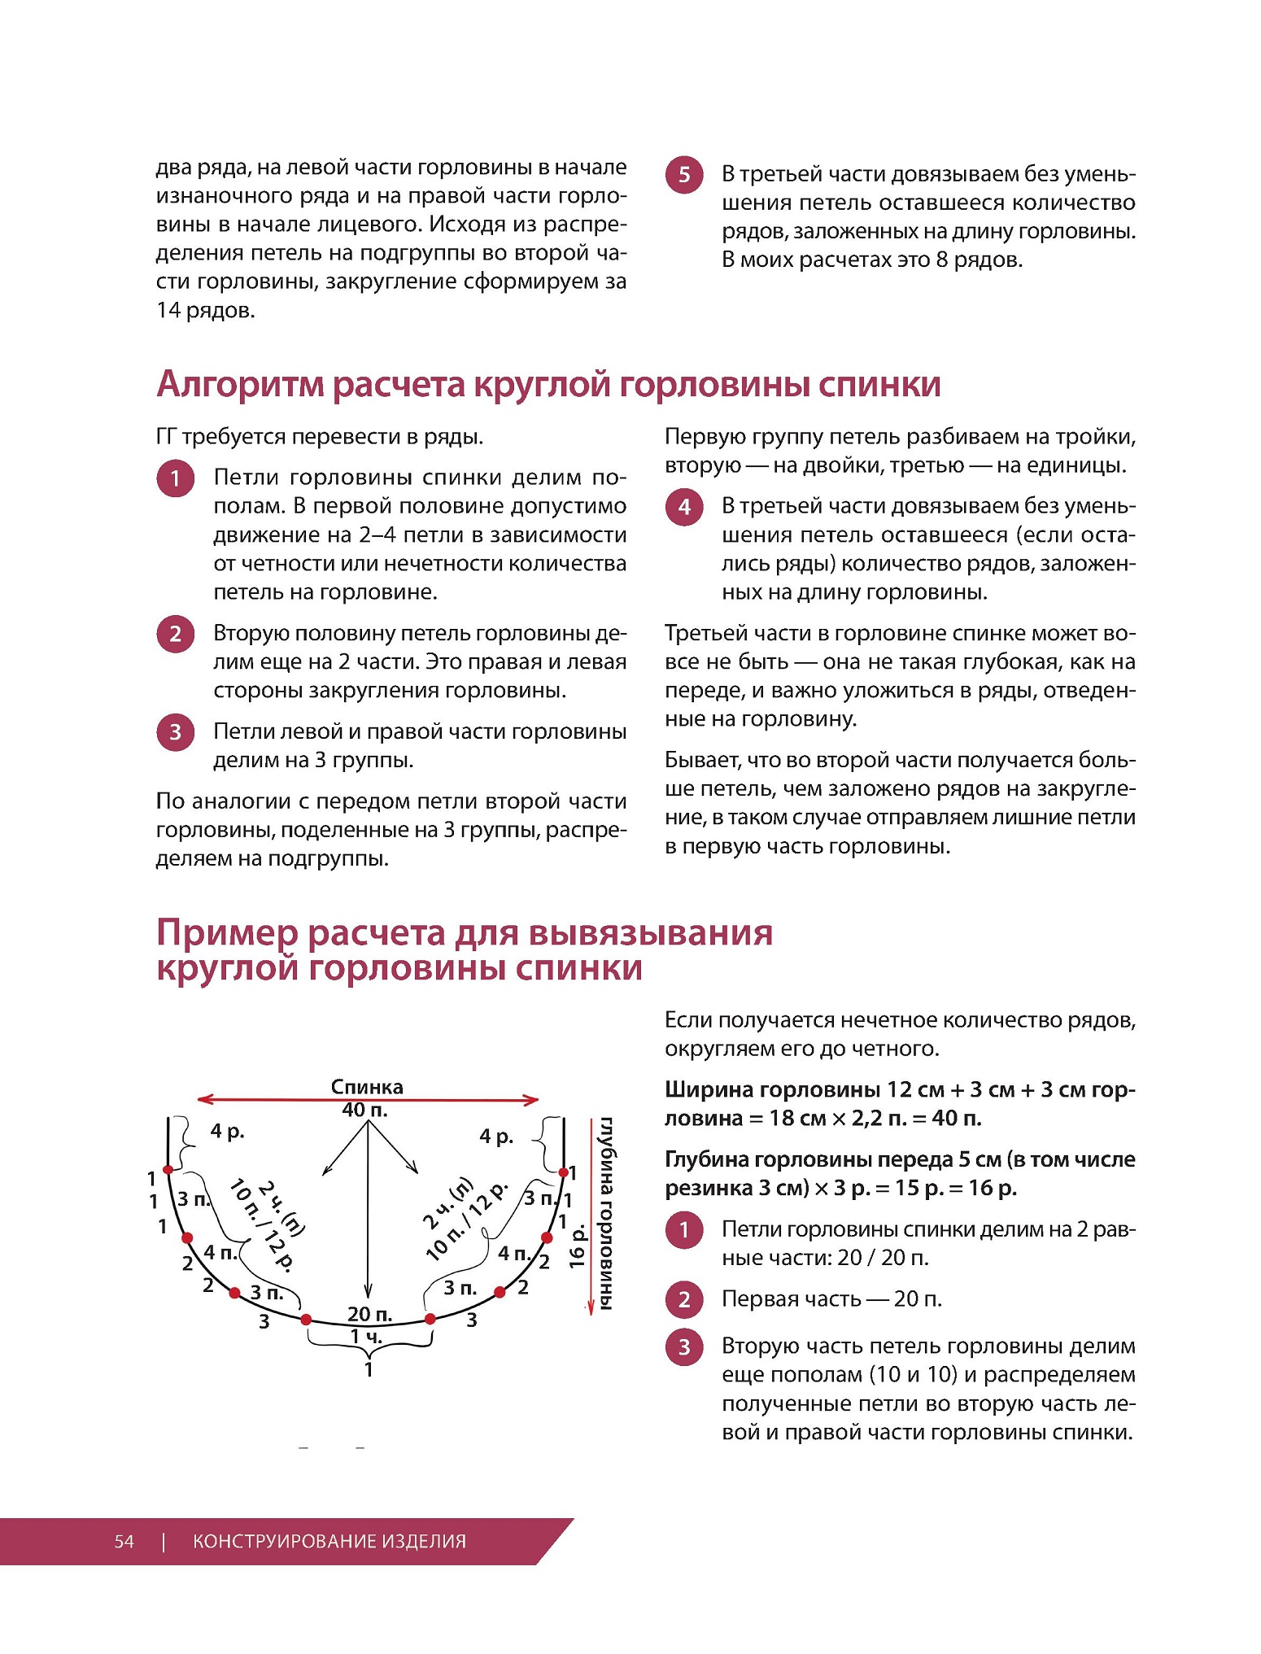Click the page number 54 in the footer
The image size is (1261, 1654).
click(x=124, y=1541)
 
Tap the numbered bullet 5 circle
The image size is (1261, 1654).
click(x=684, y=175)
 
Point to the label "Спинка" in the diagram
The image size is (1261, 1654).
click(x=367, y=1087)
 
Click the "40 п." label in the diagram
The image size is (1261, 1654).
click(x=365, y=1109)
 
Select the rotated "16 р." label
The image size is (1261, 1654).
click(x=577, y=1246)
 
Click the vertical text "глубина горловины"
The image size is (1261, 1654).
click(x=607, y=1213)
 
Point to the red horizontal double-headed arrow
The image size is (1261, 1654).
click(x=368, y=1099)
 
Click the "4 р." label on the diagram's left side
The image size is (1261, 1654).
click(x=227, y=1131)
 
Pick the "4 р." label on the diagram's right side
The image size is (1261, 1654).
click(x=496, y=1136)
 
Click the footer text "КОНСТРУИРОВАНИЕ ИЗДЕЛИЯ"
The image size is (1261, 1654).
click(x=329, y=1541)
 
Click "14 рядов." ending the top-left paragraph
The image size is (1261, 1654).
click(x=206, y=310)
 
